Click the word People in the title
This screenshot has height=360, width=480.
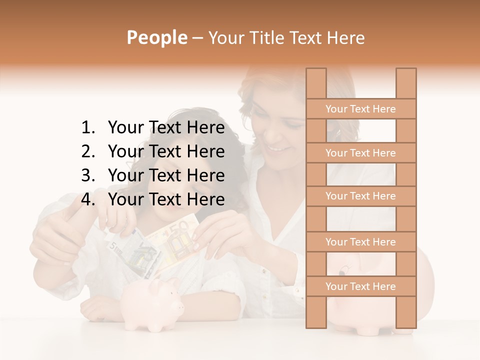point(157,37)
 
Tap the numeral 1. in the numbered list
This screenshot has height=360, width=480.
point(88,128)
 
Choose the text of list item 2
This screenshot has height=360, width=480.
point(166,151)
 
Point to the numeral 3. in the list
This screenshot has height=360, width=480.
point(88,175)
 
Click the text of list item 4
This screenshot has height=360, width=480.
point(166,199)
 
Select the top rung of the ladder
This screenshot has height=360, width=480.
point(360,109)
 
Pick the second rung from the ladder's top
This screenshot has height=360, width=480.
point(360,153)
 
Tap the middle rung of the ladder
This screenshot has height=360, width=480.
point(360,196)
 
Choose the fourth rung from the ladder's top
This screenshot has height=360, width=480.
point(360,242)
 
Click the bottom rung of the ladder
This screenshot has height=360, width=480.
point(360,286)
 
